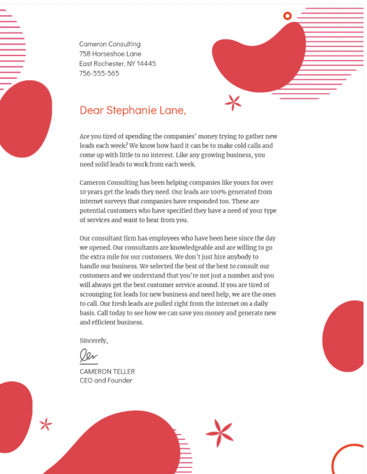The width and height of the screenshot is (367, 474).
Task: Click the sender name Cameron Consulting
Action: click(110, 44)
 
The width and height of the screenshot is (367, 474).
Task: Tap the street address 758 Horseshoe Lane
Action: click(110, 54)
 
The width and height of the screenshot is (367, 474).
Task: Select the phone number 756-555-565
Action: click(99, 74)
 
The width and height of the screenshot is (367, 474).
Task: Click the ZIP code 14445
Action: click(146, 64)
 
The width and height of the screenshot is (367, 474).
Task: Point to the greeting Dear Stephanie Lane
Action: click(132, 110)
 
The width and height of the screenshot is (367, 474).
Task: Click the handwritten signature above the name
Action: click(88, 355)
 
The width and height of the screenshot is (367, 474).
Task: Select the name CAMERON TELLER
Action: click(107, 371)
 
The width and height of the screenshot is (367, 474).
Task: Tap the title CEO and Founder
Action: click(106, 380)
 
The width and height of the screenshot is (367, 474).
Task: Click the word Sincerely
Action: click(94, 340)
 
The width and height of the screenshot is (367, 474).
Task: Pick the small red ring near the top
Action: click(287, 16)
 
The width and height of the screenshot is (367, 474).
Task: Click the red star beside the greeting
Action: click(233, 103)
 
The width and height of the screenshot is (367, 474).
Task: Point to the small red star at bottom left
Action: click(45, 424)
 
